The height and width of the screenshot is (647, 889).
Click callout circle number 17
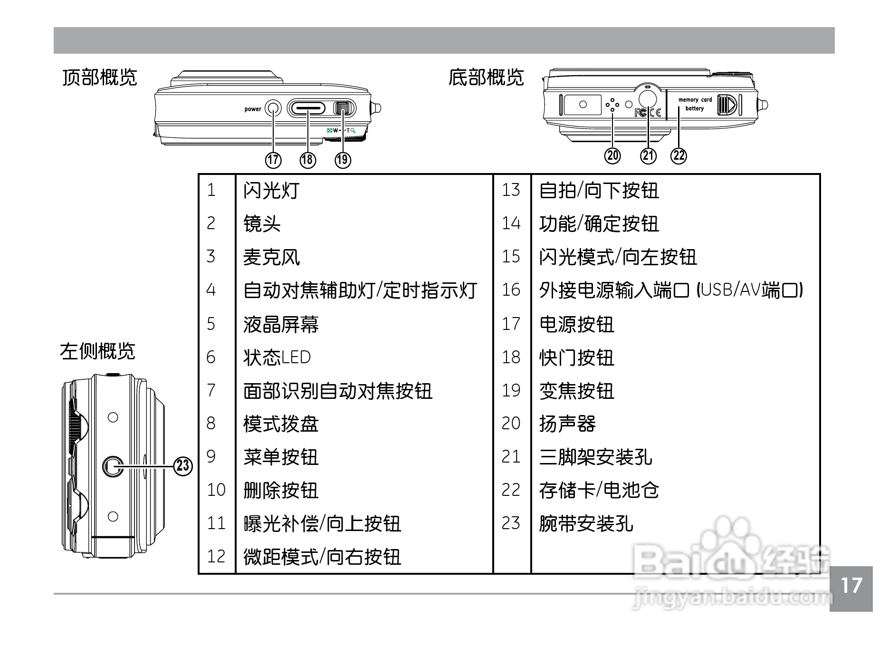273,160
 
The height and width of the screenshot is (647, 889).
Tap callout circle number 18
308,160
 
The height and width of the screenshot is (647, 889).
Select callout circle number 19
343,160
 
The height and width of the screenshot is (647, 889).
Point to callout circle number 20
612,155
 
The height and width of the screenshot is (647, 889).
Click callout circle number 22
679,155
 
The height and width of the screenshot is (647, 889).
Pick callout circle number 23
183,465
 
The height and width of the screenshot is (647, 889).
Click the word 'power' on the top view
253,109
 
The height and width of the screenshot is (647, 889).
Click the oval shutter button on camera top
306,109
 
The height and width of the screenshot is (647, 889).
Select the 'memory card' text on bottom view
695,100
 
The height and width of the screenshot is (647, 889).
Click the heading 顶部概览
100,77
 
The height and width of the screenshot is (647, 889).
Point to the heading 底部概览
486,77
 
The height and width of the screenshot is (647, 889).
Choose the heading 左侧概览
97,351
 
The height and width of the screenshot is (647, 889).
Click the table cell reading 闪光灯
271,191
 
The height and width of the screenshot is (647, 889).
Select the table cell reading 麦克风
271,257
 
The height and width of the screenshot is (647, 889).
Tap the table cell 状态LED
277,357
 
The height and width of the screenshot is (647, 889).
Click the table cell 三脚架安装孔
595,457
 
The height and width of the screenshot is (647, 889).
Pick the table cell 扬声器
567,424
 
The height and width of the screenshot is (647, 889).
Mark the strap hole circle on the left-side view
113,466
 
